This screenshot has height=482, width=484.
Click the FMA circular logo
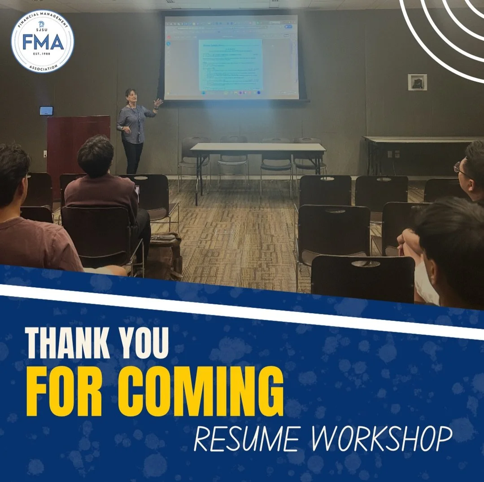point(43,41)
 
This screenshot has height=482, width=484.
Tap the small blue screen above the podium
point(46,110)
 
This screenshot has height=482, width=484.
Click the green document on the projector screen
point(230,65)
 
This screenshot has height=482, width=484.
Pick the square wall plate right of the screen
point(417,82)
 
